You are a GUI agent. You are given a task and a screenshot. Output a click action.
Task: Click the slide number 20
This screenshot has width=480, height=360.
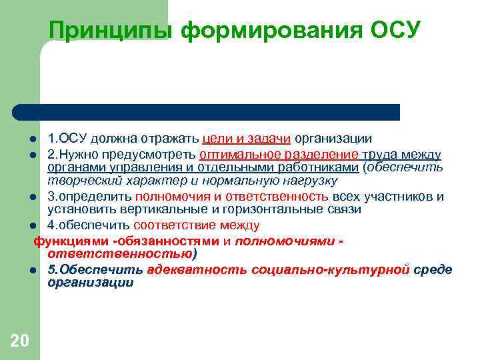[20, 341]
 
